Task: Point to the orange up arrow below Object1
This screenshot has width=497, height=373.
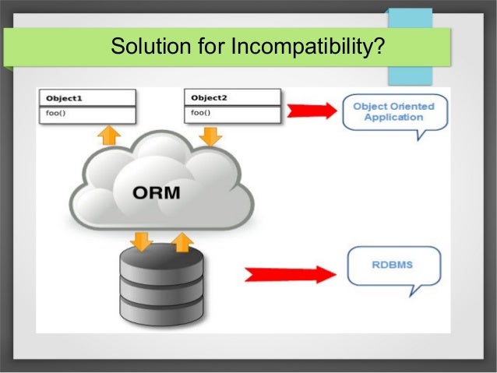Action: (x=108, y=133)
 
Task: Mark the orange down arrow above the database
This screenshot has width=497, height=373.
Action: (x=142, y=240)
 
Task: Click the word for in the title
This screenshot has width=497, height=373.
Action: (x=206, y=48)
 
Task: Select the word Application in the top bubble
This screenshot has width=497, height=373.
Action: (x=394, y=118)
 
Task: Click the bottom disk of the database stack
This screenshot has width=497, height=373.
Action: (x=161, y=313)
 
